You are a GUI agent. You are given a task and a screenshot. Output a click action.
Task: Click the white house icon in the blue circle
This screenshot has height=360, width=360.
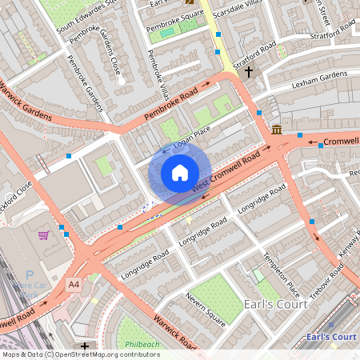pyautogui.click(x=180, y=173)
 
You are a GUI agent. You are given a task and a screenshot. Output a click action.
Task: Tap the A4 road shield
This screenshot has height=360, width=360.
pyautogui.click(x=74, y=284)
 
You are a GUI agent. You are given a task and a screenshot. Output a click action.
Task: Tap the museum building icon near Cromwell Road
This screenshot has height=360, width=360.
pyautogui.click(x=277, y=130)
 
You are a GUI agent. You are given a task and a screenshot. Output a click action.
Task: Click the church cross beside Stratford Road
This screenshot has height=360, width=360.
pyautogui.click(x=249, y=72)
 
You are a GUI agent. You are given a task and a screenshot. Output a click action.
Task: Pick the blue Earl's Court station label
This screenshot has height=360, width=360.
pyautogui.click(x=330, y=337)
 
